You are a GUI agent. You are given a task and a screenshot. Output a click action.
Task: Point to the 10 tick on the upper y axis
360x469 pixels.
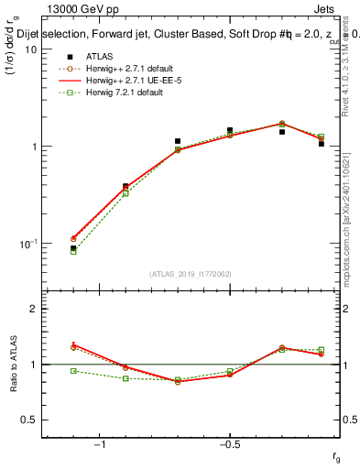tap(29, 49)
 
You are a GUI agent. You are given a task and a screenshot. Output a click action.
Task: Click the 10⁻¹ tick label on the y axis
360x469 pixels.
tap(27, 244)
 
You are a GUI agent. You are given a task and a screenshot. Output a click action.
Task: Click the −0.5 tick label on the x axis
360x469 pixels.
tap(229, 445)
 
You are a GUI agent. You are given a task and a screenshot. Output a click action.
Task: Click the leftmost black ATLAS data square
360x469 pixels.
tap(73, 248)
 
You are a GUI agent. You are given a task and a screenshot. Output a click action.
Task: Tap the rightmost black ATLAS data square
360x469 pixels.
tap(322, 144)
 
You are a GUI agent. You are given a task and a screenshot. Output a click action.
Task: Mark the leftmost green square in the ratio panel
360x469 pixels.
tap(73, 371)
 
